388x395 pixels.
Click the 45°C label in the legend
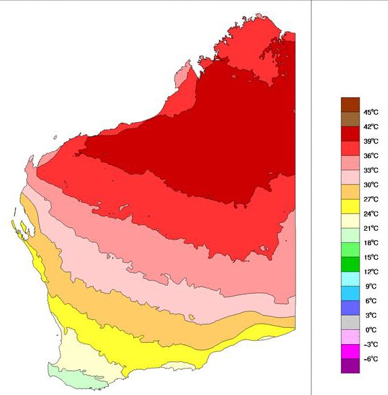coord(370,112)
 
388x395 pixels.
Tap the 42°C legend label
coord(370,126)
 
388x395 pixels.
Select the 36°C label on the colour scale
coord(370,155)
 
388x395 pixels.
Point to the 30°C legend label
coord(370,185)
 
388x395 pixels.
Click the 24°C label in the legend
coord(370,214)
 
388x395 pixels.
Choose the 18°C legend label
coord(370,242)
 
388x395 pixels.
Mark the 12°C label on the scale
coord(370,271)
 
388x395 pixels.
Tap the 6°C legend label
coord(370,301)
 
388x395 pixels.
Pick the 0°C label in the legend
coord(370,330)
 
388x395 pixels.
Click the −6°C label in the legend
coord(370,359)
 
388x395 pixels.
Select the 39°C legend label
coord(370,141)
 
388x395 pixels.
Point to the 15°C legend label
coord(370,257)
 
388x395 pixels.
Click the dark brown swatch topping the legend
coord(349,105)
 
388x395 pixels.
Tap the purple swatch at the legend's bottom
coord(349,366)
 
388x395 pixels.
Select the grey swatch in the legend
coord(349,322)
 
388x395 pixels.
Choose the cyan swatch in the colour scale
coord(349,279)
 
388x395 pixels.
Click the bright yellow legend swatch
coord(349,206)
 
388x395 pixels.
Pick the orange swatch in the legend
coord(349,192)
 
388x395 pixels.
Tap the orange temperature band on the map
coord(136,299)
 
